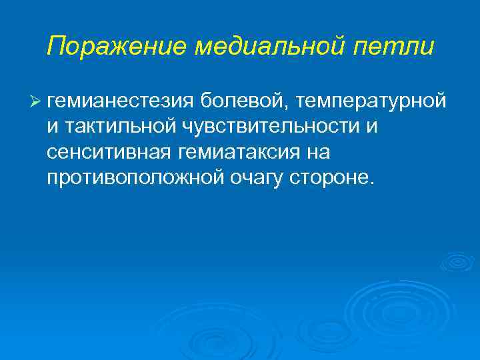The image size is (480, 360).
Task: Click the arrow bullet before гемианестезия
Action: tap(35, 101)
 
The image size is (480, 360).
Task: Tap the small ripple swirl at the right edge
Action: tap(457, 261)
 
